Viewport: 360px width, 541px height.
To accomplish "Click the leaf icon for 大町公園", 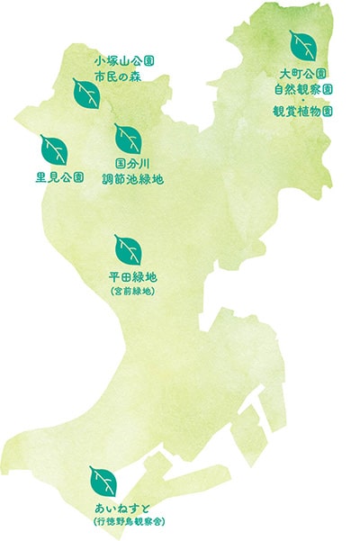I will (x=301, y=43).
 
